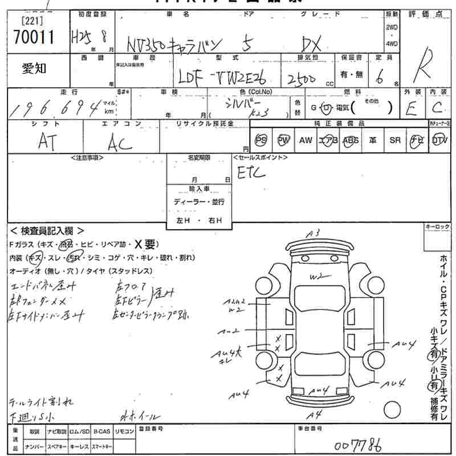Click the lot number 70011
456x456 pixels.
tap(32, 38)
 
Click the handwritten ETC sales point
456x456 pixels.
tap(251, 172)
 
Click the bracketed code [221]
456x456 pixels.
tap(30, 21)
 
